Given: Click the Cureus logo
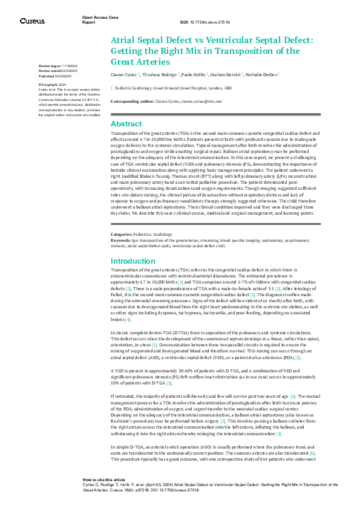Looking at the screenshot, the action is point(32,21).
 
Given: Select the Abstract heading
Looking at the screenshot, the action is point(126,123).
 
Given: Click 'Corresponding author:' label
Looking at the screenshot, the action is point(133,102).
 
